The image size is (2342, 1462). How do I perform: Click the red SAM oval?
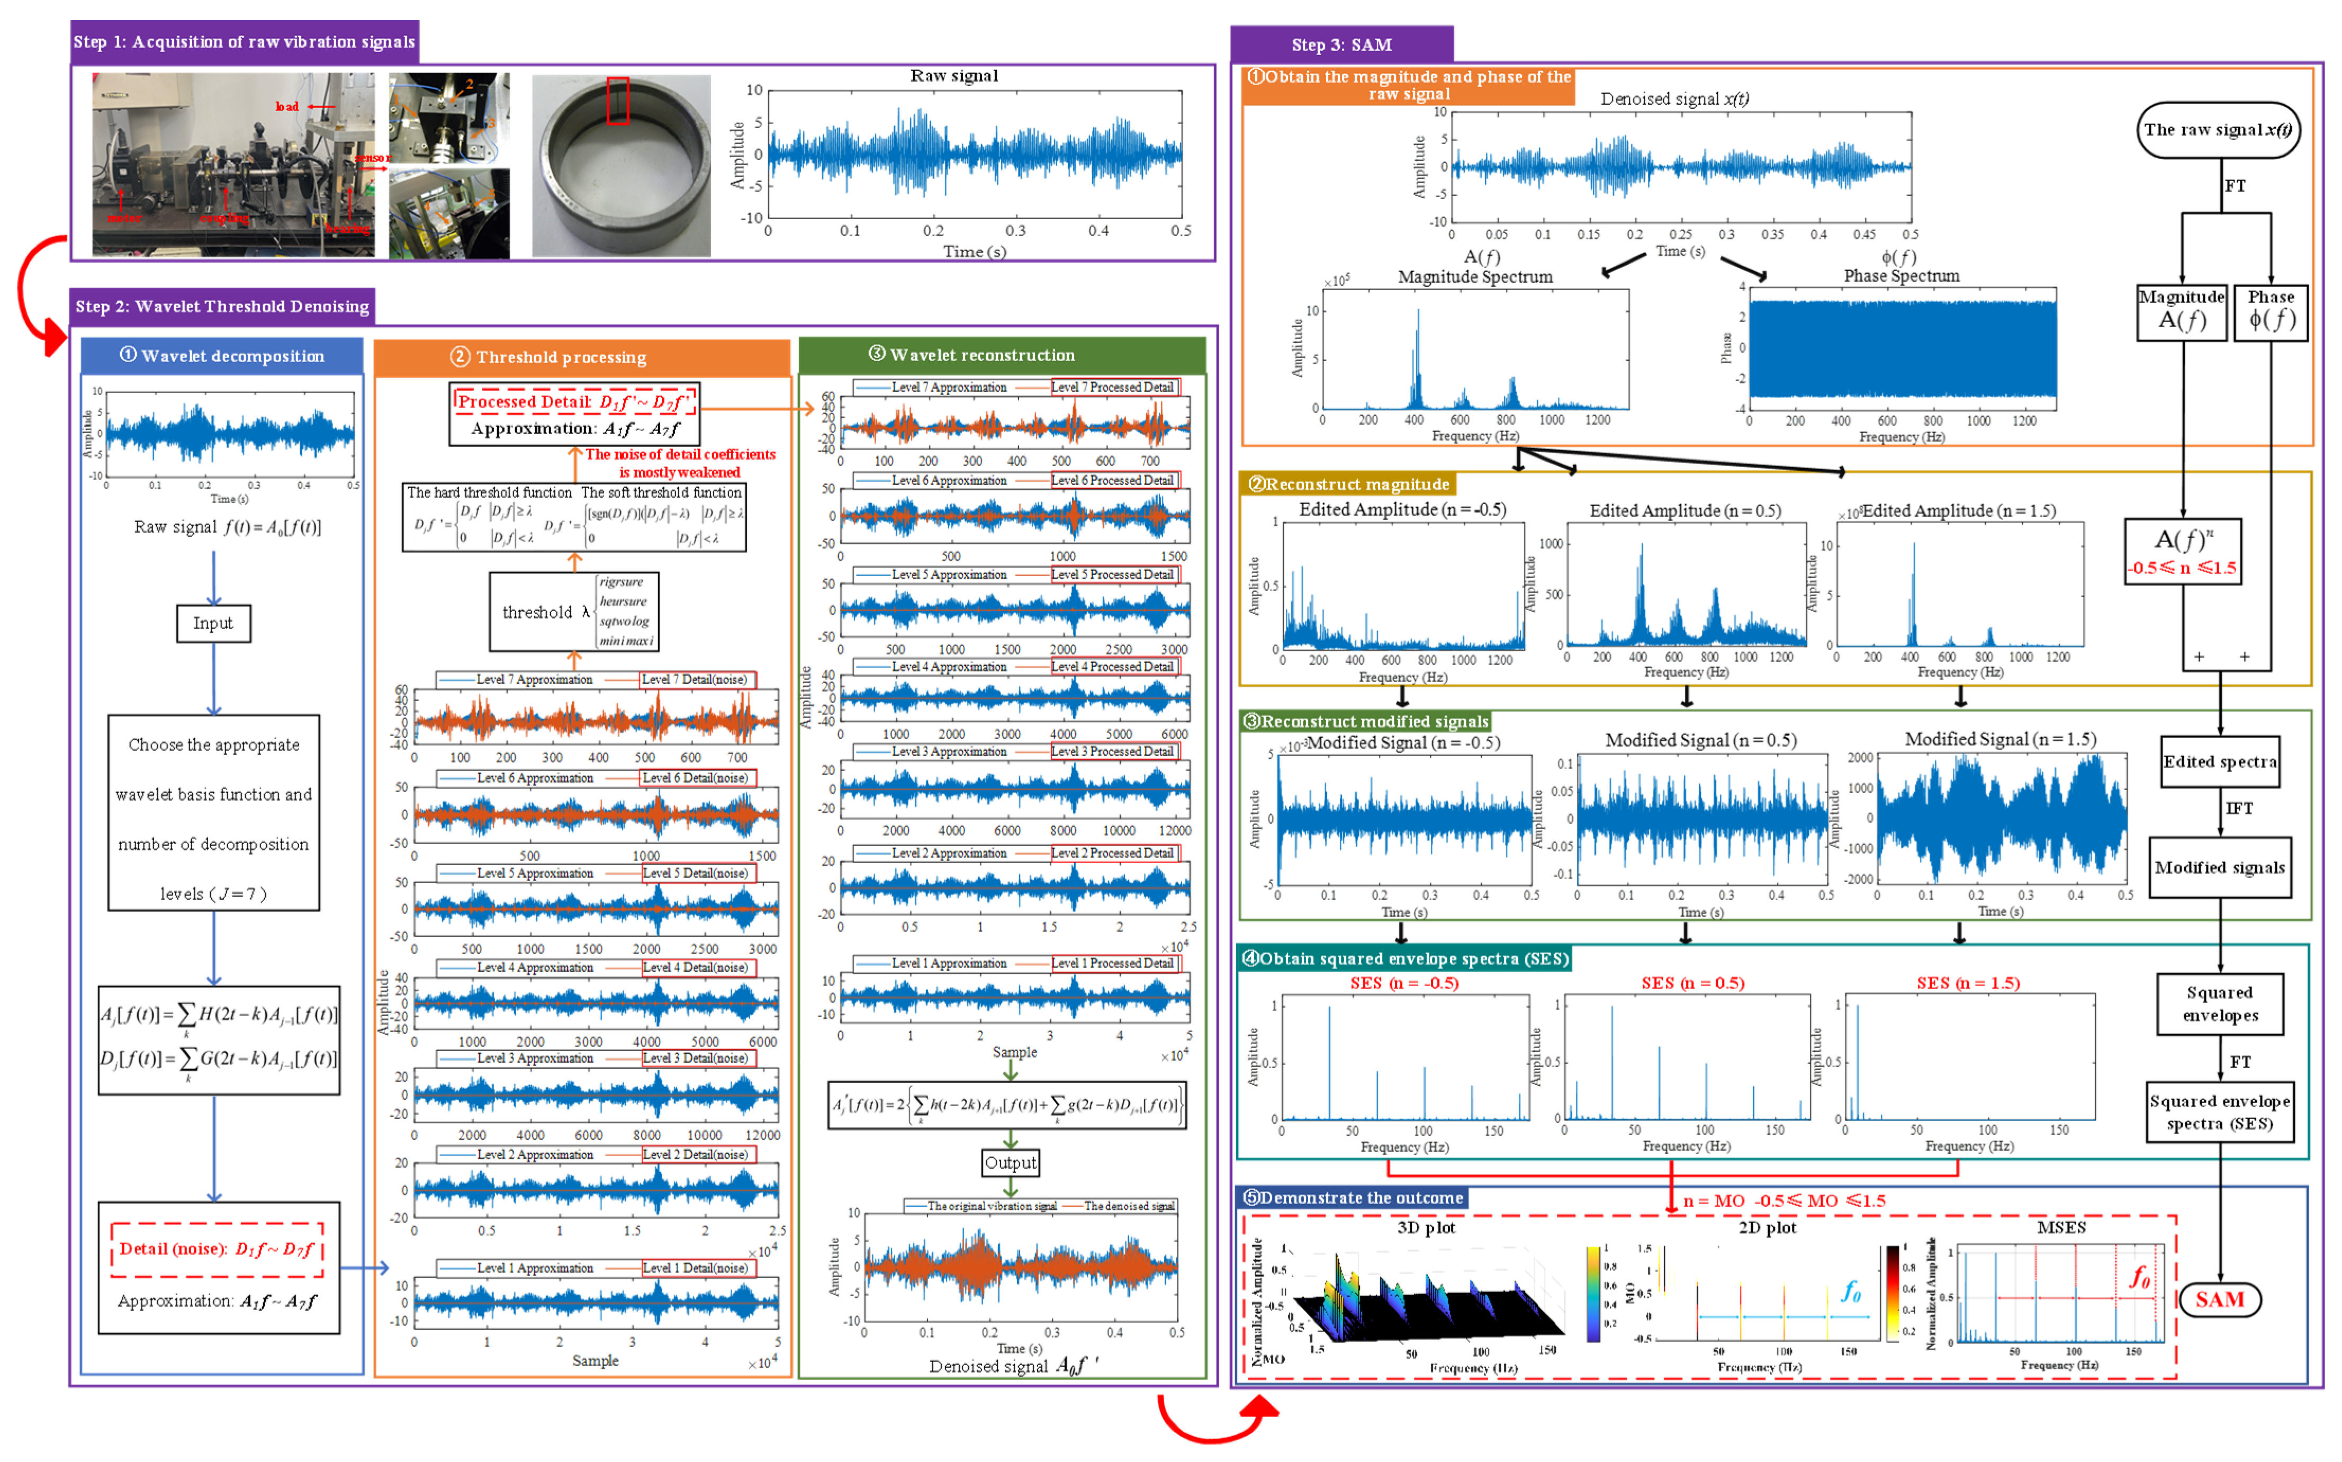[x=2219, y=1298]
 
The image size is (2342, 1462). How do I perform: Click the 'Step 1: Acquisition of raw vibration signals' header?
[x=245, y=42]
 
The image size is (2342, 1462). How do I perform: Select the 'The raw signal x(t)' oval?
[x=2217, y=130]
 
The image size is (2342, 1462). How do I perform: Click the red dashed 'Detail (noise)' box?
[x=217, y=1248]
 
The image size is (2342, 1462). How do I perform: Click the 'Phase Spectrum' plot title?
[x=1900, y=275]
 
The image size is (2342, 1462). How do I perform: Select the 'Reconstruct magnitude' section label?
[x=1348, y=483]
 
